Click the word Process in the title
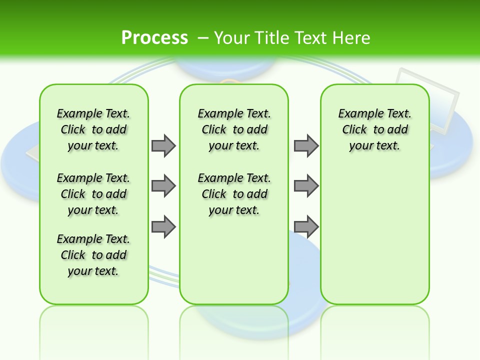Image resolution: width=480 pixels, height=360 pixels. pos(154,37)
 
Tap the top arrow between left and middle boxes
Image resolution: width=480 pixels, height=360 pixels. pos(163,145)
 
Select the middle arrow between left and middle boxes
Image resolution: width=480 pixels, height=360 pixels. pos(163,186)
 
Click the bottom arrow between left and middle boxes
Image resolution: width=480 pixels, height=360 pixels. pos(163,226)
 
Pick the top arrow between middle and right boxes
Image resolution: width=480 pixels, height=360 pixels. pos(306,145)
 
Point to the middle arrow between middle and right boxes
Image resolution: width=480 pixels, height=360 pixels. pos(306,186)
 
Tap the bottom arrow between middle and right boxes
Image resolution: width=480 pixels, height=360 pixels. pos(306,226)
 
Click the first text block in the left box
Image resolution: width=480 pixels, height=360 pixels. pos(93,129)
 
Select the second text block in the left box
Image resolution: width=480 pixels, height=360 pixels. pos(93,194)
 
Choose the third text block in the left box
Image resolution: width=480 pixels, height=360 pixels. pos(93,255)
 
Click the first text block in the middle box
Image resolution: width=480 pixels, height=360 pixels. pos(234,129)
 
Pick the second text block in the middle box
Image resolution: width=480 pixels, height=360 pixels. pos(234,194)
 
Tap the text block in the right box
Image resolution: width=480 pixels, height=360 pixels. pos(375,129)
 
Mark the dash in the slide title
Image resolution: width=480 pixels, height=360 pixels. pos(203,37)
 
